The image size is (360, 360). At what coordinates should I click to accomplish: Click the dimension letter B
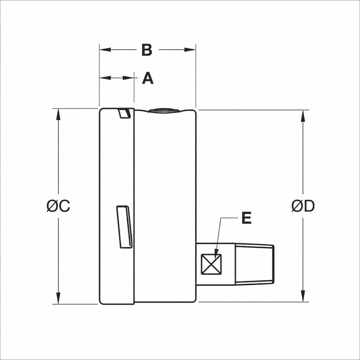[x=147, y=50]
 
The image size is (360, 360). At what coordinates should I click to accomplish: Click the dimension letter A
[x=148, y=78]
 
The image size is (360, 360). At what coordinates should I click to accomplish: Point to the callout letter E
[x=246, y=218]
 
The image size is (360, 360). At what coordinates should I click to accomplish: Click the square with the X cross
[x=211, y=264]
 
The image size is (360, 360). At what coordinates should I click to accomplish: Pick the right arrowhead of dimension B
[x=190, y=50]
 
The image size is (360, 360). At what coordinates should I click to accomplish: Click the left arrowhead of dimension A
[x=105, y=78]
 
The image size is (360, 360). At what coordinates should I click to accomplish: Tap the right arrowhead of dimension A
[x=128, y=78]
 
